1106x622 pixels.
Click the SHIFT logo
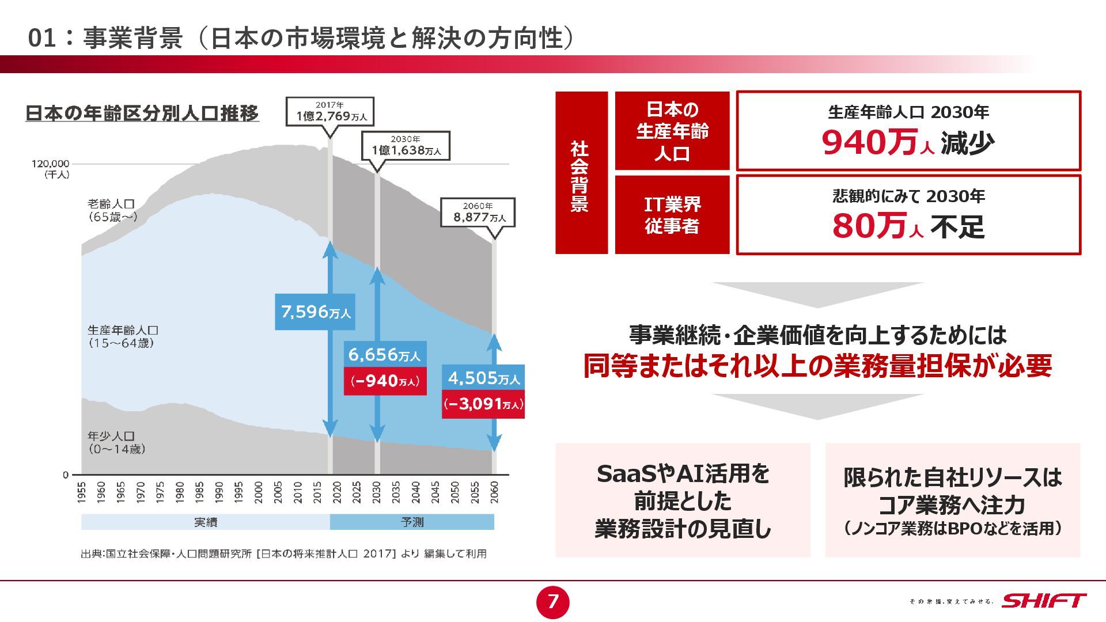1044,601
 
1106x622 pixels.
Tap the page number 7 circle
552,602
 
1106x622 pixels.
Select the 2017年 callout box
330,111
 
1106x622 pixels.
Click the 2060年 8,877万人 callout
478,213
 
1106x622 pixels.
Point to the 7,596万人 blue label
315,312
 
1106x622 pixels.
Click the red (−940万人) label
385,381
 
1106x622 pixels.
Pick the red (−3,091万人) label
483,404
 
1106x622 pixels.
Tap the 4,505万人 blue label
483,378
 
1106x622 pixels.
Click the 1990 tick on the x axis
219,493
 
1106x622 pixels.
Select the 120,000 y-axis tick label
50,164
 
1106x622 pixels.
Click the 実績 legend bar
205,522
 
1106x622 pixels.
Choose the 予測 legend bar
412,522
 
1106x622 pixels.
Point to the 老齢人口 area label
112,210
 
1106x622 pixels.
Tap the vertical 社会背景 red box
581,173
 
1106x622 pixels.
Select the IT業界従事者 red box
672,215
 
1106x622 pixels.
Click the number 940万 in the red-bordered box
869,143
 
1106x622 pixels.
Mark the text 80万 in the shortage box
869,226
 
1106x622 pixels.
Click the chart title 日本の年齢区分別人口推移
142,113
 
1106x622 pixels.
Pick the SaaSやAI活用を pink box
683,500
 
